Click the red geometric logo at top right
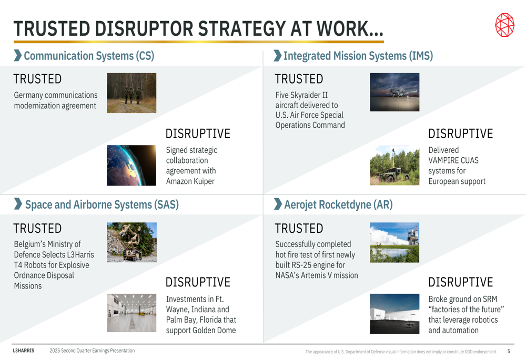coord(504,25)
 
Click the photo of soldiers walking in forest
coord(131,93)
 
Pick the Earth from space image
coord(131,165)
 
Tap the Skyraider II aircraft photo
coord(394,92)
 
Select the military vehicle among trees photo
coord(394,165)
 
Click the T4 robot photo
coord(132,242)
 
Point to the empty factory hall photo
coord(131,313)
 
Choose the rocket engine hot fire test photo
coord(394,242)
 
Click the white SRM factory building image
coord(394,314)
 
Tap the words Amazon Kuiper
coord(190,181)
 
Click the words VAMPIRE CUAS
coord(453,161)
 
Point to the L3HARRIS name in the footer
coord(24,351)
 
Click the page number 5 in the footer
coord(509,351)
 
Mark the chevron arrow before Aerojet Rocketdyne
coord(278,204)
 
